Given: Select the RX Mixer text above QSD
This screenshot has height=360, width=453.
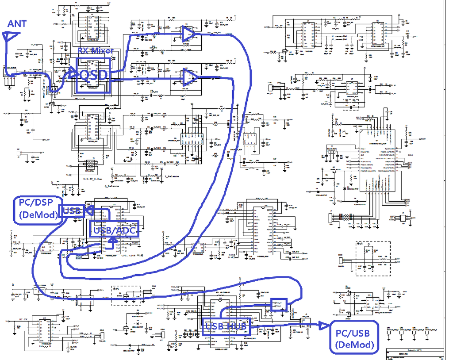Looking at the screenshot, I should [96, 51].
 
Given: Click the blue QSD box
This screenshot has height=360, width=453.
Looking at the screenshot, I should [93, 75].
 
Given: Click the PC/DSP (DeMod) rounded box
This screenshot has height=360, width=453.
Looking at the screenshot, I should [38, 209].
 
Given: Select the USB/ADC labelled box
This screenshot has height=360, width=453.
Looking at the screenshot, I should [114, 229].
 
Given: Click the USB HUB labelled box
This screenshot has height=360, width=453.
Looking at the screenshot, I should [226, 326].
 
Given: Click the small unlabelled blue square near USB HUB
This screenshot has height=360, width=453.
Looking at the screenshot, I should [279, 305].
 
